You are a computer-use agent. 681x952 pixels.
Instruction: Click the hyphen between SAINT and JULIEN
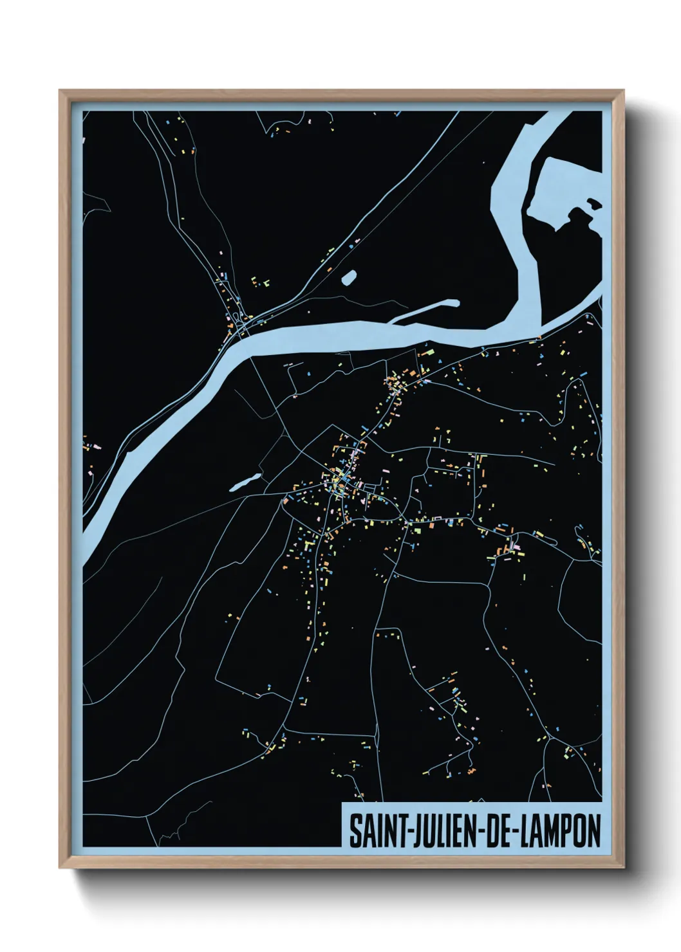(x=402, y=832)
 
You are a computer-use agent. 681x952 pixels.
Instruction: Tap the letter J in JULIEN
(x=412, y=831)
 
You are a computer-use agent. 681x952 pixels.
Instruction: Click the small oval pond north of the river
(x=348, y=277)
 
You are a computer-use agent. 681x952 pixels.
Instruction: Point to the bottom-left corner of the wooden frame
(x=61, y=868)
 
